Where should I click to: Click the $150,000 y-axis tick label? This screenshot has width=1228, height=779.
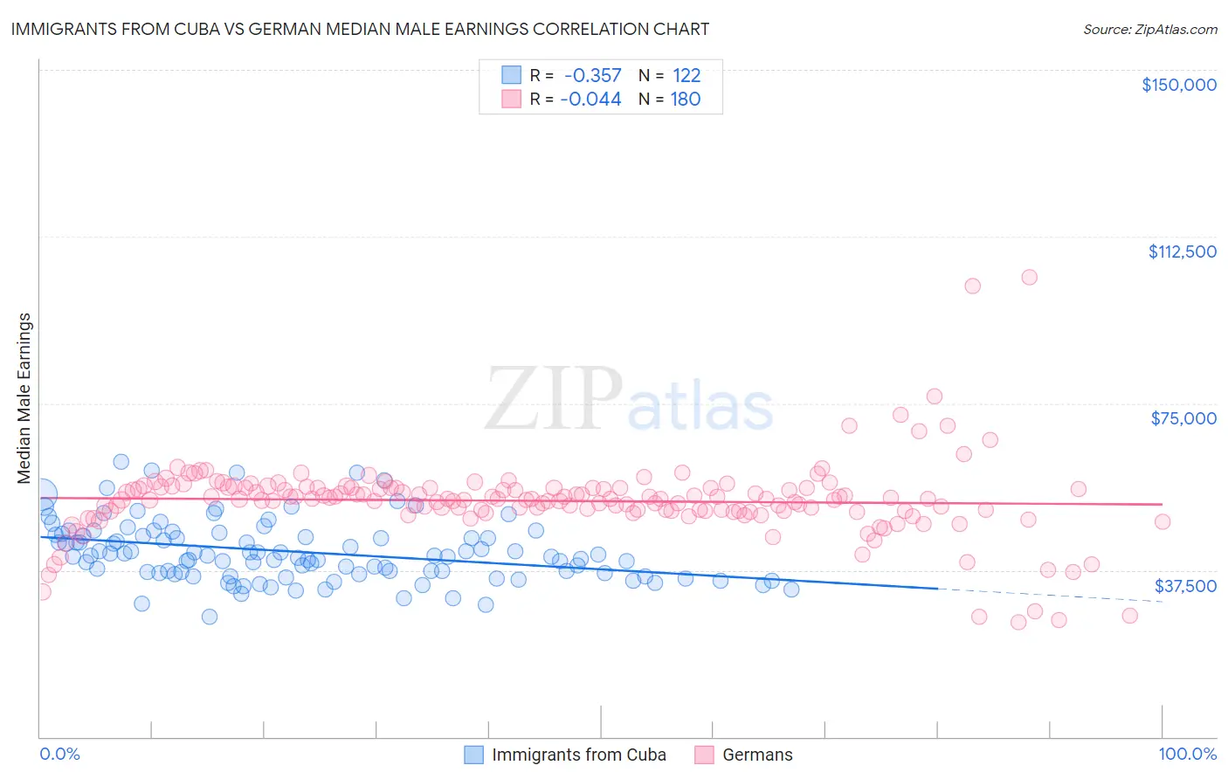[x=1178, y=85]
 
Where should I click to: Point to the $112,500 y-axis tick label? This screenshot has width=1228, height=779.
[x=1182, y=252]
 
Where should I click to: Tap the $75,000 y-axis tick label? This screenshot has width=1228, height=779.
[x=1183, y=418]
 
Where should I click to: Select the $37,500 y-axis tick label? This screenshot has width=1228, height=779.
[x=1185, y=586]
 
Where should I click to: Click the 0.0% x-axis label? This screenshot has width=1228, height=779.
[x=59, y=755]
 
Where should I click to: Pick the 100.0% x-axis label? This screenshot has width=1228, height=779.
[x=1187, y=755]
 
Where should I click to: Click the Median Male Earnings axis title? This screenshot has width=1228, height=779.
[x=24, y=397]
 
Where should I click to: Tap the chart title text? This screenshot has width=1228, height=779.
[x=360, y=29]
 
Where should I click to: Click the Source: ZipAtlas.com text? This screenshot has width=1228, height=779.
[x=1149, y=29]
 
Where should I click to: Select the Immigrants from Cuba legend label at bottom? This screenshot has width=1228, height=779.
[x=578, y=755]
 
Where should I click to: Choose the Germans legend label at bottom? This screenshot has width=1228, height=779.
[x=757, y=755]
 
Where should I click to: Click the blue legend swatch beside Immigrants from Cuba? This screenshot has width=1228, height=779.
[x=473, y=755]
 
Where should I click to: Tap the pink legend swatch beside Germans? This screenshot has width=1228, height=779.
[x=704, y=755]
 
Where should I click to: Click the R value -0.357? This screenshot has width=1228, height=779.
[x=592, y=76]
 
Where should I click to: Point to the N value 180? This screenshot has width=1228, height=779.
[x=686, y=100]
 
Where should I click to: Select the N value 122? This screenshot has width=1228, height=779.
[x=686, y=76]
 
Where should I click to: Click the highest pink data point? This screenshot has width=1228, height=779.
[x=1029, y=277]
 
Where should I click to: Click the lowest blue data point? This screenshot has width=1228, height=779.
[x=210, y=617]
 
